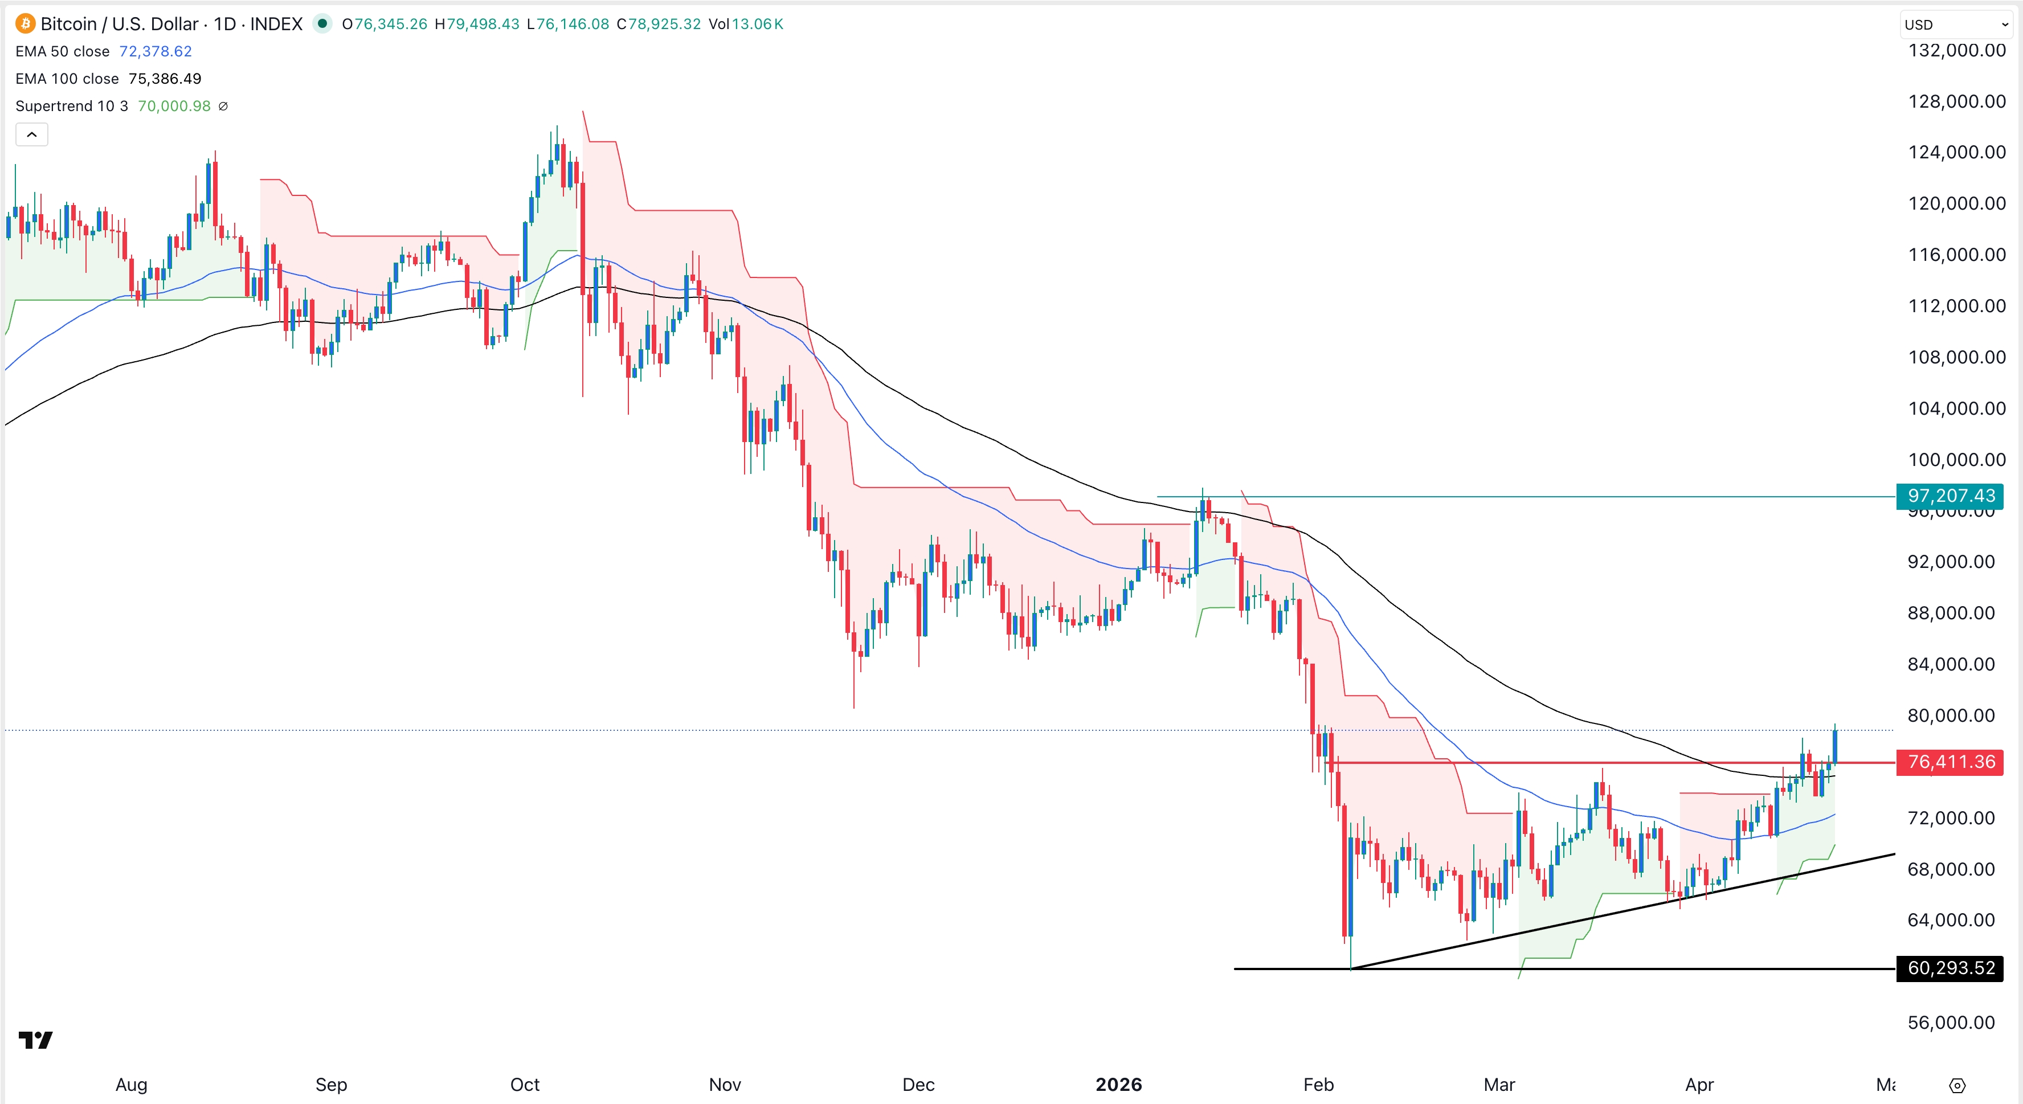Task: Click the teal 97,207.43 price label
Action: click(1951, 496)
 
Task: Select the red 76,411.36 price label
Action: click(1951, 762)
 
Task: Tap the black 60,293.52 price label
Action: click(1951, 968)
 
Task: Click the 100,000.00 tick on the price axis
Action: click(1956, 459)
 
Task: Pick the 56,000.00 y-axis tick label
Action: click(1951, 1023)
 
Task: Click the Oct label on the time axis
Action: click(525, 1085)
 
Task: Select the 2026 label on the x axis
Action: click(1118, 1085)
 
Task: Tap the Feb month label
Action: click(1318, 1085)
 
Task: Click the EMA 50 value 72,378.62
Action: click(156, 51)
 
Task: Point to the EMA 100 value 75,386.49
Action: click(165, 79)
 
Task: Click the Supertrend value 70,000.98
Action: click(174, 106)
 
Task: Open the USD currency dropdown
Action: click(1955, 24)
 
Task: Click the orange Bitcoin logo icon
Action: click(25, 23)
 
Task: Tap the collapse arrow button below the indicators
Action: click(31, 134)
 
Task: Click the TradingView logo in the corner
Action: click(35, 1040)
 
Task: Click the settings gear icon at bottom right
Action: click(1957, 1085)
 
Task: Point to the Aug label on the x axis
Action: click(131, 1085)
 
